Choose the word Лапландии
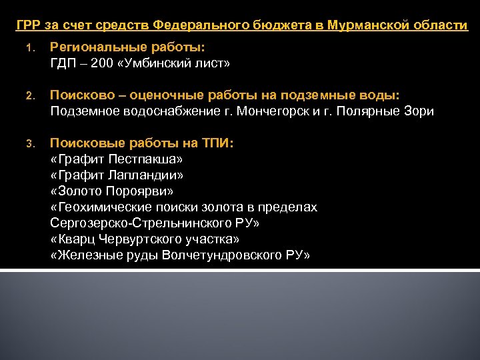143,175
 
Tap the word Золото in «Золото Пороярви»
77,191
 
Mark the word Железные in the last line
88,255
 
